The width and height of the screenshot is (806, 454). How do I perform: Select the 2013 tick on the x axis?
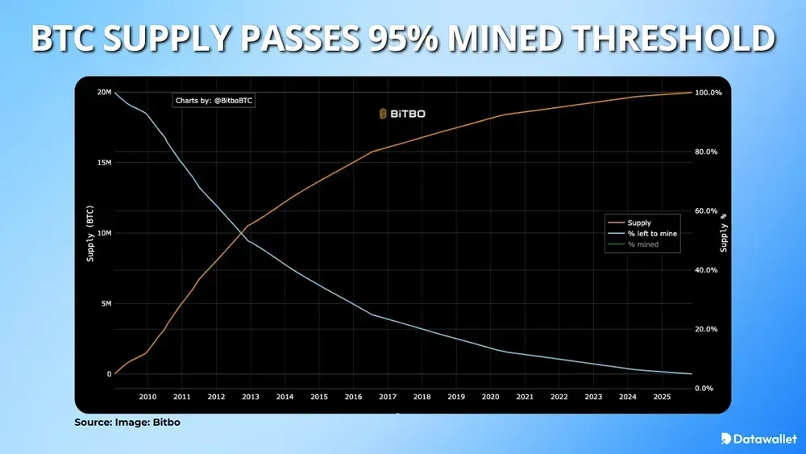(250, 397)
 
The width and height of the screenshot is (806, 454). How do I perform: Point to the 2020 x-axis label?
(490, 397)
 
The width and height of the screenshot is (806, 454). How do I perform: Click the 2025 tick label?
(661, 397)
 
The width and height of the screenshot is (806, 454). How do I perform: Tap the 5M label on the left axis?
(105, 304)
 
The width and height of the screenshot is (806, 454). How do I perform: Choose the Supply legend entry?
(638, 223)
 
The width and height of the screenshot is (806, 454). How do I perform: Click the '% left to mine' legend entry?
(652, 233)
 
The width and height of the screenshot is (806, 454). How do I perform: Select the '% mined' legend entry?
(642, 244)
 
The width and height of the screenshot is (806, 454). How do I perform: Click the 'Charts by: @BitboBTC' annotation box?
(214, 101)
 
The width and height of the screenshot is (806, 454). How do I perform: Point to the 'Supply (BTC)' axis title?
(89, 233)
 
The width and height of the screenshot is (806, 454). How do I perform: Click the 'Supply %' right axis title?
(723, 233)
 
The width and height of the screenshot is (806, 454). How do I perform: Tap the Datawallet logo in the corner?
(755, 439)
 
